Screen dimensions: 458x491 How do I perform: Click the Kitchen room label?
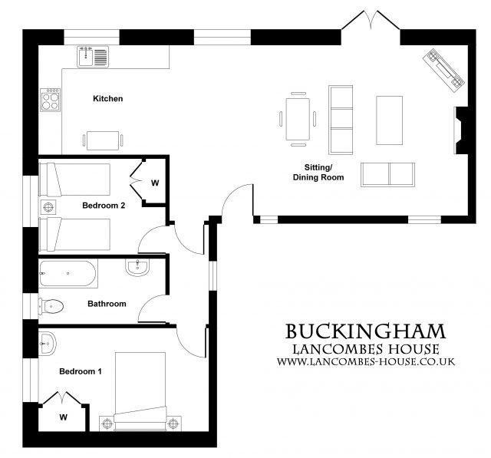107,99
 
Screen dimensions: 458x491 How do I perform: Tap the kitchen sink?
93,56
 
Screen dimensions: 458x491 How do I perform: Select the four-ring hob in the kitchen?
51,100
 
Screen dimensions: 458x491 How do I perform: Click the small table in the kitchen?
102,140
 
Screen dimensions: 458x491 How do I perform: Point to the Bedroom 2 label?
103,206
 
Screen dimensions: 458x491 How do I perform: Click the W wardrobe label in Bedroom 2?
154,183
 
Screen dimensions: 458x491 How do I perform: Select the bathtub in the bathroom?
68,272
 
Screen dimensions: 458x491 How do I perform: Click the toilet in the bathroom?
50,305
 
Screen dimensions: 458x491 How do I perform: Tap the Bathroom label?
106,304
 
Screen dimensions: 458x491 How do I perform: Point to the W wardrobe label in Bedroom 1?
63,418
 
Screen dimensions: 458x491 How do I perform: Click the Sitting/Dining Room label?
318,172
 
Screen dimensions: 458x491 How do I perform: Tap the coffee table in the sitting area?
389,120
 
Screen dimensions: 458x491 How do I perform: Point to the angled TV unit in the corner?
444,68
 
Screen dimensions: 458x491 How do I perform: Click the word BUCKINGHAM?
365,331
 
